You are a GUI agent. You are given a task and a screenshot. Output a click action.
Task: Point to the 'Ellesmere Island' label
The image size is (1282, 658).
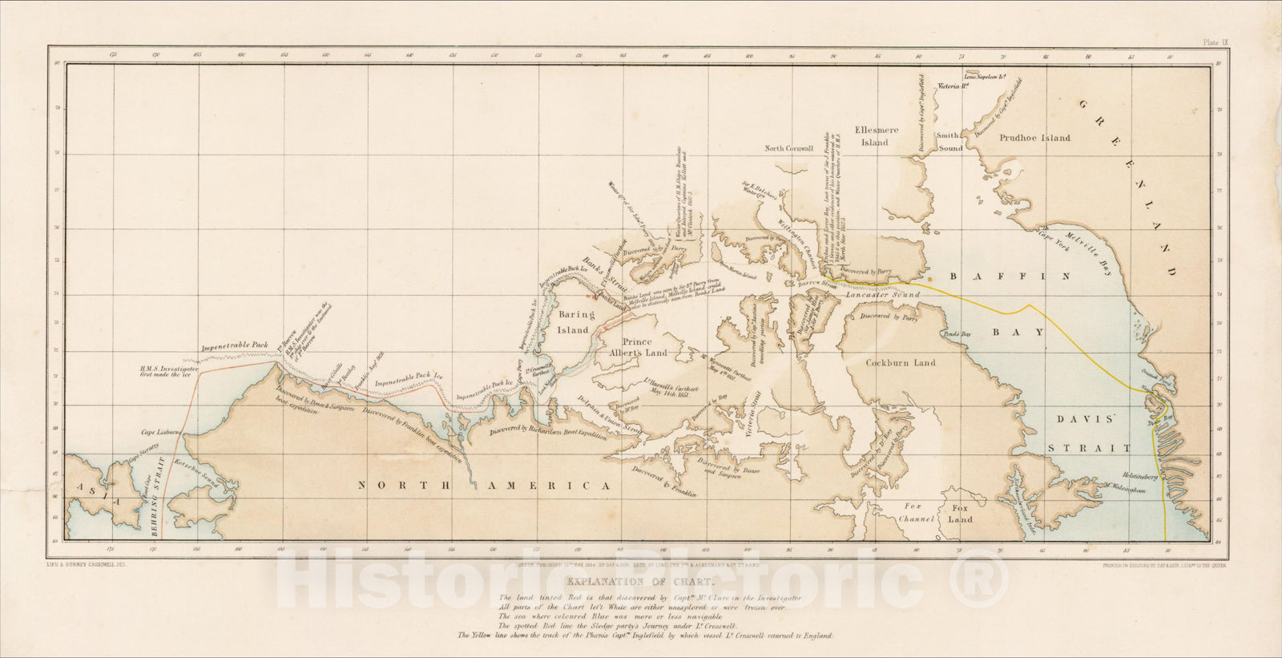click(x=874, y=136)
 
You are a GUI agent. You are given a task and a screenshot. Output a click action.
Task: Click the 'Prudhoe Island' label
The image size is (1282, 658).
click(x=1034, y=138)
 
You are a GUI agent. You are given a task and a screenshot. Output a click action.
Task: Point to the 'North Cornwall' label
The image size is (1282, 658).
click(x=788, y=148)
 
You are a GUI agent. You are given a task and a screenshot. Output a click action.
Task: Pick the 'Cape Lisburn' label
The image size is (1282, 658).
click(x=159, y=431)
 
